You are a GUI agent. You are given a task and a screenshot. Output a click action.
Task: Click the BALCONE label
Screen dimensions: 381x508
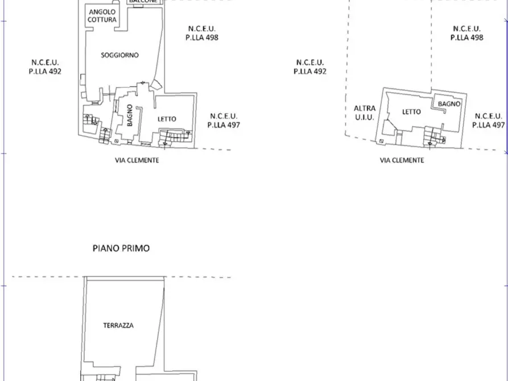[143, 2]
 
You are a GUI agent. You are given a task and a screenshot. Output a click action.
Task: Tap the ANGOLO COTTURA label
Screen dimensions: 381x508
[102, 16]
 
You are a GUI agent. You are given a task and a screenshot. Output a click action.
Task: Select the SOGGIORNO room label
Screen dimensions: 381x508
[120, 55]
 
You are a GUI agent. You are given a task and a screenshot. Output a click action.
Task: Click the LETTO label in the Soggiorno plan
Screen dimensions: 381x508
[167, 119]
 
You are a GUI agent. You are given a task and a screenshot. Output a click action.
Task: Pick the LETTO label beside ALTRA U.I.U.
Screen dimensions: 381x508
[411, 112]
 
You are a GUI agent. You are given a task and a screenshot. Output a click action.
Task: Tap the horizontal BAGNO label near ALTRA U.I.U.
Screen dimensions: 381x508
[448, 104]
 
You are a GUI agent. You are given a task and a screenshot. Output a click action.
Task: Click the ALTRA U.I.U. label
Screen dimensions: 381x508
[364, 112]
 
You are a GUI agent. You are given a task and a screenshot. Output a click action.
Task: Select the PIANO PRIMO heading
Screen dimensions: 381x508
[121, 249]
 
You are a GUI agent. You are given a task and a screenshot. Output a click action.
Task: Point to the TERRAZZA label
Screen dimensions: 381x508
[118, 326]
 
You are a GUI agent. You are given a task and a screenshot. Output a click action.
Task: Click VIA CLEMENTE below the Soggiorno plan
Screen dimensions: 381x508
[137, 160]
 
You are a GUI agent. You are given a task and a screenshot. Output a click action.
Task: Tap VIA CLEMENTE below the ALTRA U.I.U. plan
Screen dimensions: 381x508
[402, 160]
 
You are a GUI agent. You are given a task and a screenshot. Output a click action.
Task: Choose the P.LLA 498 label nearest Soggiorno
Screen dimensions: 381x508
[202, 38]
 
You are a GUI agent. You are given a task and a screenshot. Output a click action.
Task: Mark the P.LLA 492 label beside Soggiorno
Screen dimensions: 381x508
[44, 72]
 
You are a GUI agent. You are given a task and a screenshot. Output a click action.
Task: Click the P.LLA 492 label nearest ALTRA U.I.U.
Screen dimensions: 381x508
[309, 72]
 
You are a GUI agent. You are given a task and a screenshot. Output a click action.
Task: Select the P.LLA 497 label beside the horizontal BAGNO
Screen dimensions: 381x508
[489, 125]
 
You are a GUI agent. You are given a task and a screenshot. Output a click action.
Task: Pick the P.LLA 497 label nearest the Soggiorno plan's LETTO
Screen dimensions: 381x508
[224, 125]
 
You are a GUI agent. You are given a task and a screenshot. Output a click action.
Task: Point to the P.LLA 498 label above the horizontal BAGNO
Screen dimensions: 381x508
[467, 38]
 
